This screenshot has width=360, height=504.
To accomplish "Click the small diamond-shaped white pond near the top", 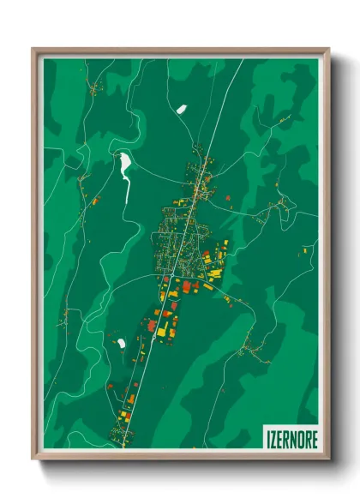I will (181, 109).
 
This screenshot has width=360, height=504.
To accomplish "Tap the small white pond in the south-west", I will (121, 343).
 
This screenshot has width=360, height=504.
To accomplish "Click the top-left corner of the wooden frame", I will (34, 50).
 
